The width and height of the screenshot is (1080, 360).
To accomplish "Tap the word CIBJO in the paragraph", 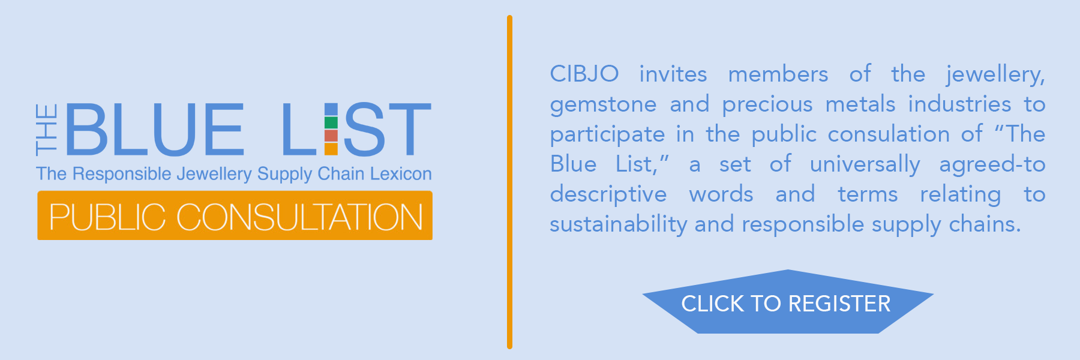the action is click(584, 74).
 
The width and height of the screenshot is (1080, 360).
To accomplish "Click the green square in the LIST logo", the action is click(331, 123).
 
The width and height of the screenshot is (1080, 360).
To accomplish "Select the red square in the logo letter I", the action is click(331, 136).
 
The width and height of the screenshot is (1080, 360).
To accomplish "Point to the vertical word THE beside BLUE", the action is click(47, 129).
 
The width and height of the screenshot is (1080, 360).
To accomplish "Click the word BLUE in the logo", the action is click(155, 129).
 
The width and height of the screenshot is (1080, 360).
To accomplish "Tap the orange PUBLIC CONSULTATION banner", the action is click(235, 215).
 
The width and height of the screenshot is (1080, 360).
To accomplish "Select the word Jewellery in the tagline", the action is click(214, 175).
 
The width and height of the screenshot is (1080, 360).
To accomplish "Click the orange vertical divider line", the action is click(509, 182).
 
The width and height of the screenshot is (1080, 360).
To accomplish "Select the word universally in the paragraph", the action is click(865, 165).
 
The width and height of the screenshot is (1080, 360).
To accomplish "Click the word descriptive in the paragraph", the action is click(608, 195).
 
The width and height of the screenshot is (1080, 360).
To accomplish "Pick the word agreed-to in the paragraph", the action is click(992, 165).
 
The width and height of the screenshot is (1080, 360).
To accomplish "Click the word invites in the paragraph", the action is click(673, 74).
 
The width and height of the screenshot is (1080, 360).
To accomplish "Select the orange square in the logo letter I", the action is click(331, 149).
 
